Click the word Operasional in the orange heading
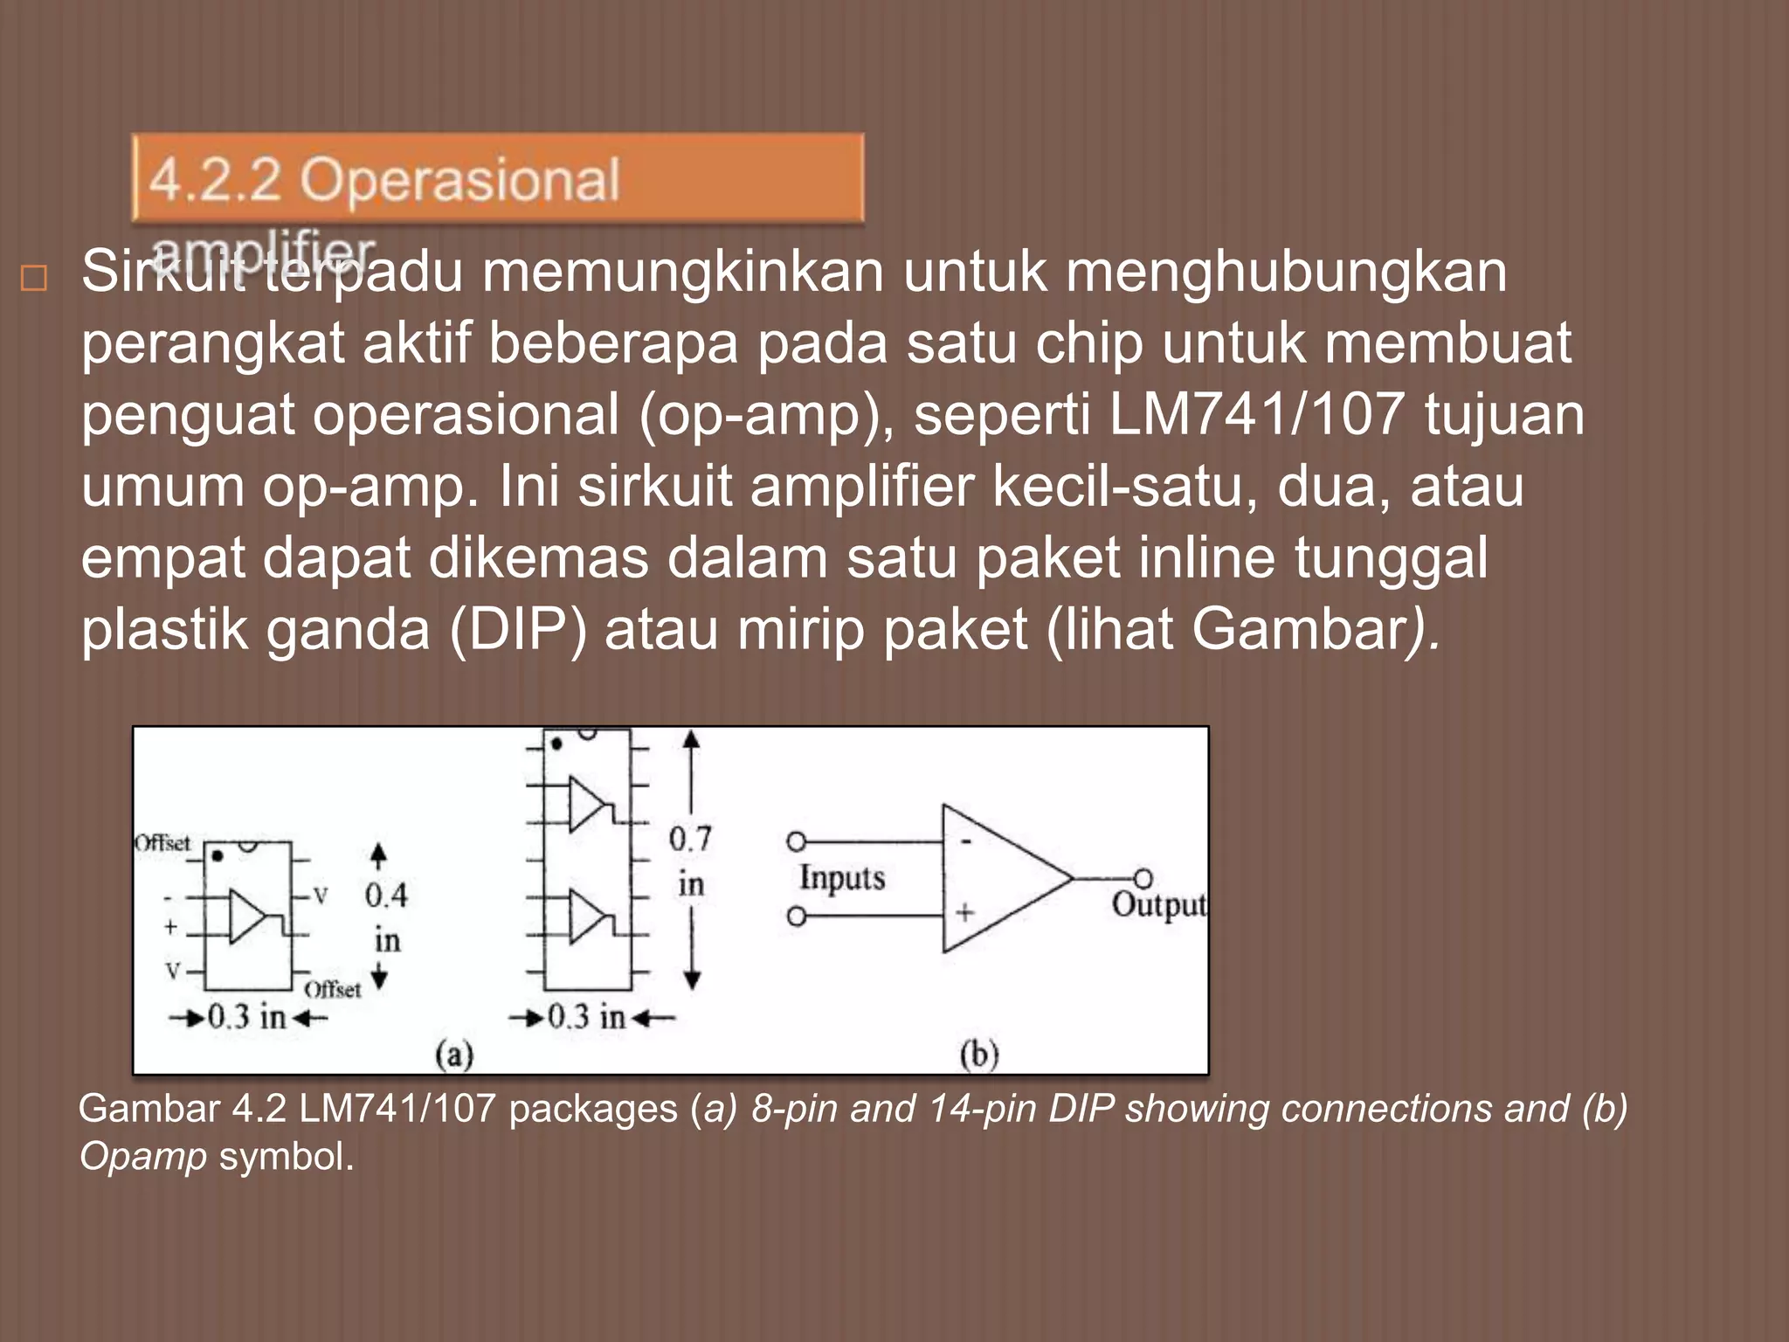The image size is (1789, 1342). pyautogui.click(x=459, y=181)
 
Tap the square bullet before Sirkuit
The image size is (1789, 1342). pyautogui.click(x=33, y=279)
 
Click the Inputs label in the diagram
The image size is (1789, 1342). pyautogui.click(x=842, y=877)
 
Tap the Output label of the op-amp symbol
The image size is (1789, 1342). pyautogui.click(x=1158, y=904)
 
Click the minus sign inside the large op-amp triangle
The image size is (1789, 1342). pyautogui.click(x=966, y=842)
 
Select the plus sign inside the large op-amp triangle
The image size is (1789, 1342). pyautogui.click(x=965, y=913)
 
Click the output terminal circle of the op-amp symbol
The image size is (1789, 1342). pyautogui.click(x=1143, y=877)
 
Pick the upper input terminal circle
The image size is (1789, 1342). pyautogui.click(x=796, y=841)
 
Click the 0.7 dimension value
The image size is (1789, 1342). pyautogui.click(x=690, y=839)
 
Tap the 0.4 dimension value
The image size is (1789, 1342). pyautogui.click(x=386, y=895)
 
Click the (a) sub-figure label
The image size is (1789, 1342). pyautogui.click(x=454, y=1055)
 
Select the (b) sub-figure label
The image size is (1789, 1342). pyautogui.click(x=979, y=1055)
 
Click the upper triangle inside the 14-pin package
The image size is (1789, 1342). pyautogui.click(x=586, y=804)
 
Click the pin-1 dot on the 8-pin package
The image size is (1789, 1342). pyautogui.click(x=217, y=856)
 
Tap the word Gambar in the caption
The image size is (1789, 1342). pyautogui.click(x=149, y=1109)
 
